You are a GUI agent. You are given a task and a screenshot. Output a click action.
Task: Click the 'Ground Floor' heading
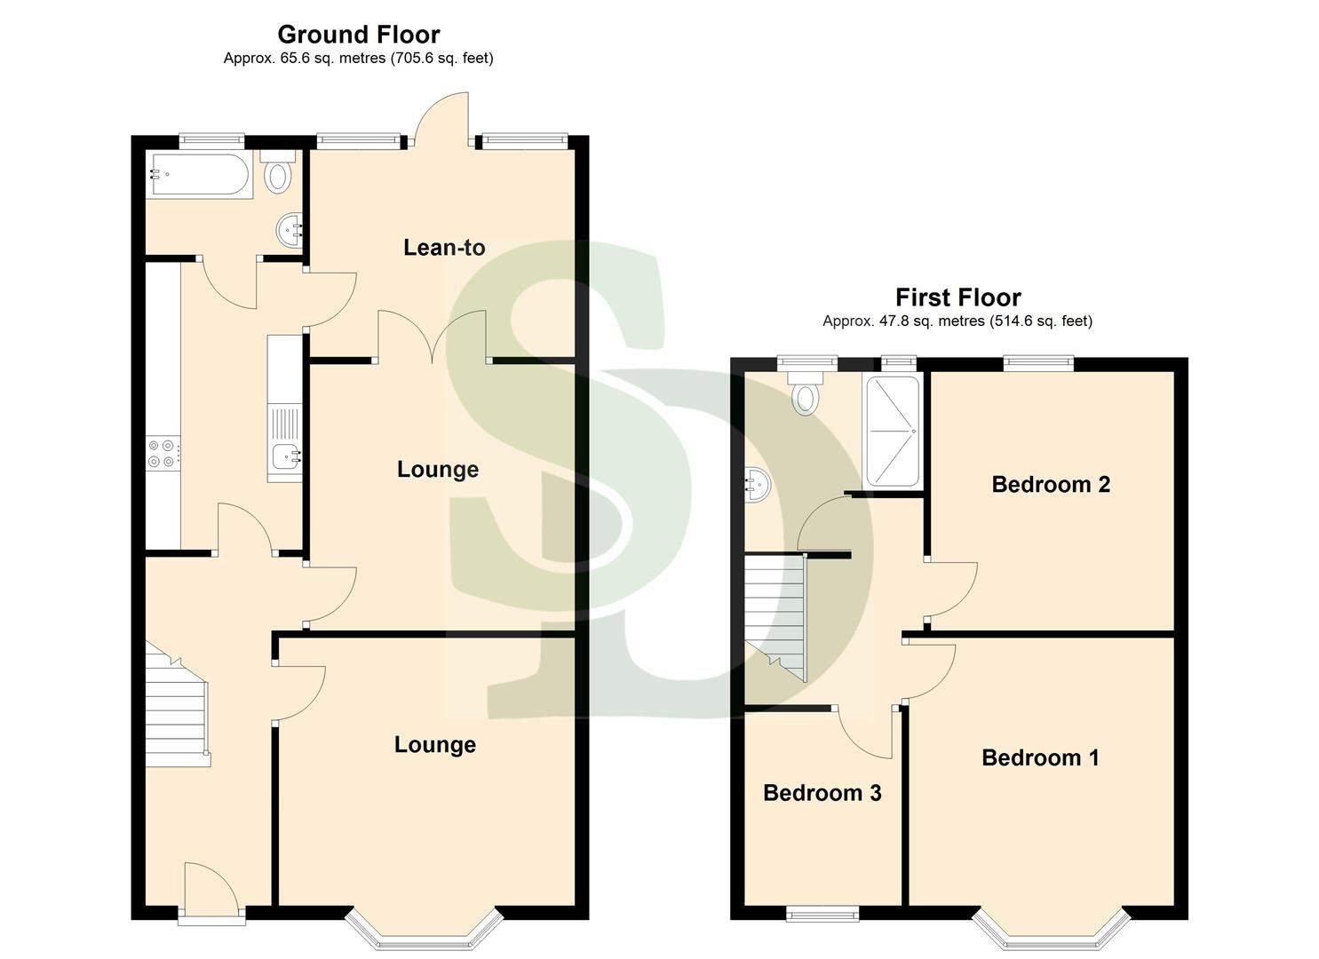pyautogui.click(x=358, y=35)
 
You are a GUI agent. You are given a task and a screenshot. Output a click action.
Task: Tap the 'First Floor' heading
pyautogui.click(x=957, y=297)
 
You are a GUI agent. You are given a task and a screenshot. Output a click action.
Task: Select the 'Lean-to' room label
pyautogui.click(x=444, y=248)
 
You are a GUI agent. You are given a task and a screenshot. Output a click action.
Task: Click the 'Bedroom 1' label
pyautogui.click(x=1040, y=757)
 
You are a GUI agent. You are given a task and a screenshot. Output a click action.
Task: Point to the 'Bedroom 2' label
pyautogui.click(x=1051, y=484)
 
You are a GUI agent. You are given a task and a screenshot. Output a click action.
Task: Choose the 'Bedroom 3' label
pyautogui.click(x=822, y=793)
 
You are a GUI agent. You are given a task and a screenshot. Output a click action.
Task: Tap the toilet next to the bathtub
pyautogui.click(x=278, y=172)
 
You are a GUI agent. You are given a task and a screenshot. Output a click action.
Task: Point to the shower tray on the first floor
pyautogui.click(x=893, y=432)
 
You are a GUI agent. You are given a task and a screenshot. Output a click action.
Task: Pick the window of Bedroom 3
pyautogui.click(x=822, y=913)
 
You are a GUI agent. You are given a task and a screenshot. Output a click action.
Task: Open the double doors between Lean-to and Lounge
pyautogui.click(x=433, y=338)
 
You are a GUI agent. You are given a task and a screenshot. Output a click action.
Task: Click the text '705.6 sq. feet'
pyautogui.click(x=441, y=59)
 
